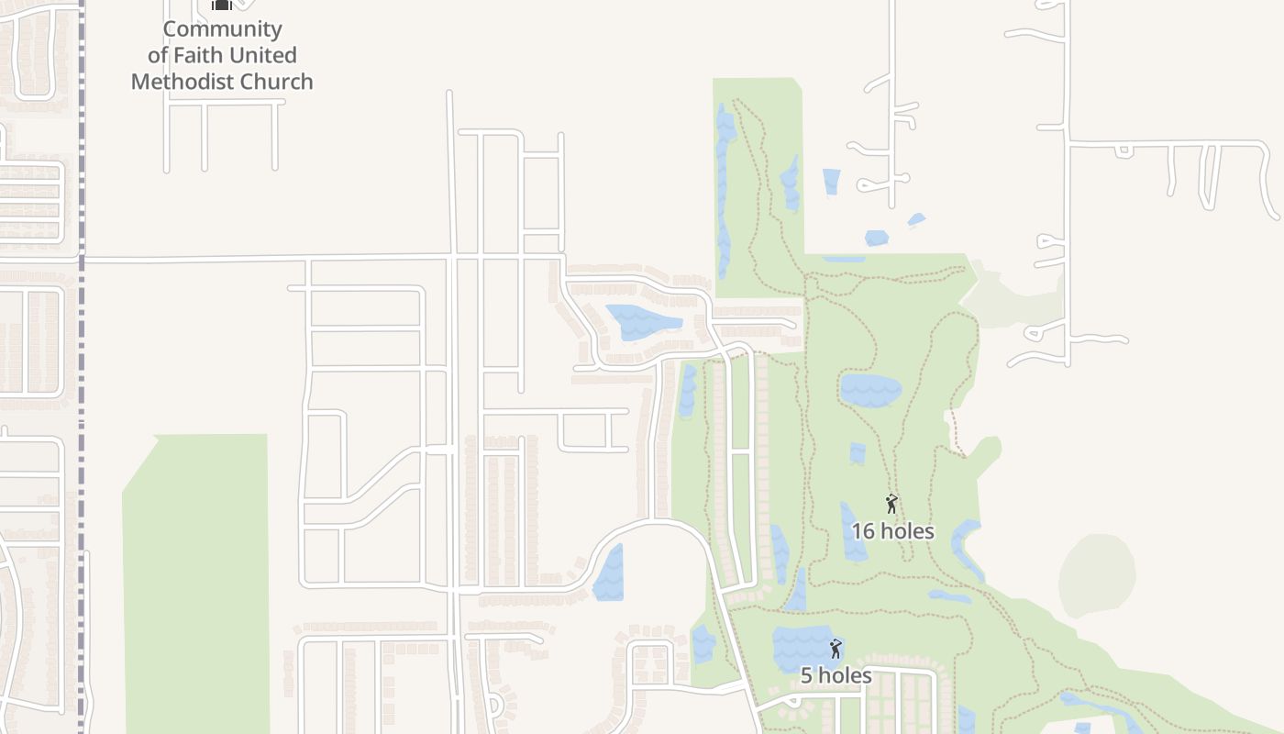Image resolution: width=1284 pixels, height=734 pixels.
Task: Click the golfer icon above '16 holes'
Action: tap(891, 504)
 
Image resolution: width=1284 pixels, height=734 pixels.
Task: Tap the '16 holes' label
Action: tap(892, 531)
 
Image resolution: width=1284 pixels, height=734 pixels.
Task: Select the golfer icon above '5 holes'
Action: tap(836, 649)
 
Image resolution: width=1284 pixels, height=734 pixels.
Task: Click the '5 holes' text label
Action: tap(836, 676)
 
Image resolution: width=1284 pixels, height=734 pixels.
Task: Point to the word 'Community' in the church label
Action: tap(222, 28)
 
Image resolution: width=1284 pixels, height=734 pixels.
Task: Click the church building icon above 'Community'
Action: tap(221, 5)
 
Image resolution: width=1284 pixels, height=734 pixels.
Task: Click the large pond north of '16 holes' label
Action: tap(870, 390)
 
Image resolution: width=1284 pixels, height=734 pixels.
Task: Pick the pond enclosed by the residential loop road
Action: tap(641, 321)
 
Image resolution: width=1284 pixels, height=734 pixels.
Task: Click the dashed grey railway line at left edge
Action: tap(82, 367)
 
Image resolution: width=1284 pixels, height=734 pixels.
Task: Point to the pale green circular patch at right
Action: tap(1097, 575)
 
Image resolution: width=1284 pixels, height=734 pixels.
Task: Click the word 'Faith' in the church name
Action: tap(201, 55)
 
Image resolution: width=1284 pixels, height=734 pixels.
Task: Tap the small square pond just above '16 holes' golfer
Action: tap(858, 453)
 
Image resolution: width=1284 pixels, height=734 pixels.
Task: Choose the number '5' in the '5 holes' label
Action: tap(807, 676)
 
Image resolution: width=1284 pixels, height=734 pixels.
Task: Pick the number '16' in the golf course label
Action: tap(864, 531)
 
